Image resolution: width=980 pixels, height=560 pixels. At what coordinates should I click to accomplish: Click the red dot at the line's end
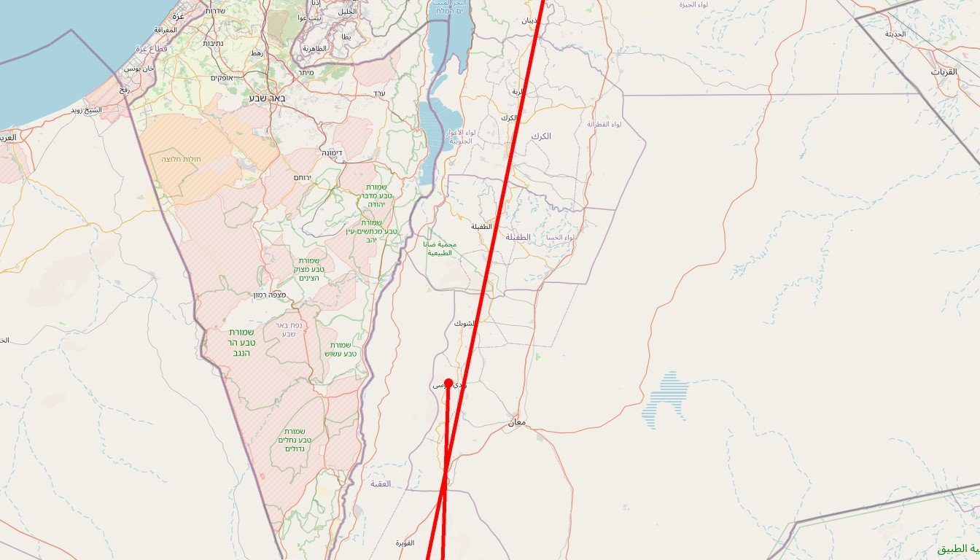448,382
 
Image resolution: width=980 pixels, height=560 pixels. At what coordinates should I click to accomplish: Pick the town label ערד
378,93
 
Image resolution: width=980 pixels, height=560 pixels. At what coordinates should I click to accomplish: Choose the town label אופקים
222,78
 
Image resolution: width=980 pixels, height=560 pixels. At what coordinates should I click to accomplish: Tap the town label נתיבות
213,43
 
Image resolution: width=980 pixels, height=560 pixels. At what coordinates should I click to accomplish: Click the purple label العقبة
381,483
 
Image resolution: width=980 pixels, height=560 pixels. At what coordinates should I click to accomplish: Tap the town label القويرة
405,543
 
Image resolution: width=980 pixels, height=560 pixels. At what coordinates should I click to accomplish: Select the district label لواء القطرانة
604,125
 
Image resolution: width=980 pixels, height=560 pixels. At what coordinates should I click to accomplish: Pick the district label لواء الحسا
559,238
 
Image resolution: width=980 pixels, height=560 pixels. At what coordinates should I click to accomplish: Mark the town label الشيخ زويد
86,110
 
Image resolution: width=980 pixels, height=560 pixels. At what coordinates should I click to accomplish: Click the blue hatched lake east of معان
665,399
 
